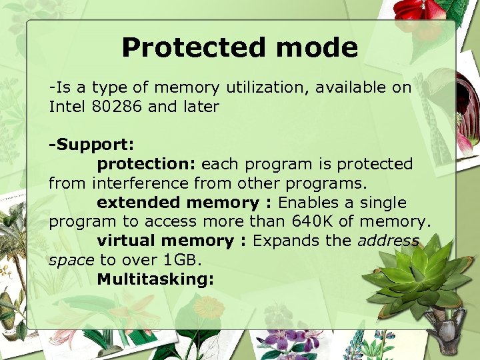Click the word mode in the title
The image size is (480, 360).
point(325,47)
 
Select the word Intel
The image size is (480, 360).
point(65,107)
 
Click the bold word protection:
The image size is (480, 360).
point(146,163)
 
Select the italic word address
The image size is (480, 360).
point(389,241)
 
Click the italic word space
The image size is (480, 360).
point(71,260)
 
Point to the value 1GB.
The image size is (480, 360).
point(183,260)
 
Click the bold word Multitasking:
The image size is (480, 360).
point(155,279)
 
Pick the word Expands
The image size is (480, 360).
point(287,241)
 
